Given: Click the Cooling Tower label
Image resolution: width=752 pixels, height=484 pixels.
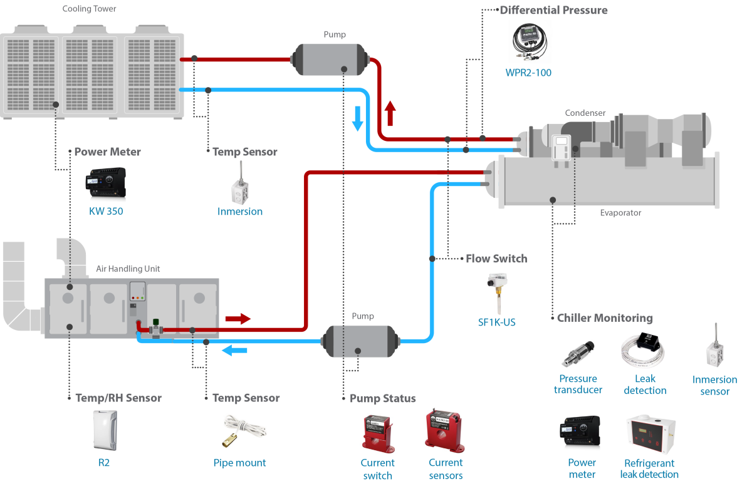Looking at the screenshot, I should tap(90, 9).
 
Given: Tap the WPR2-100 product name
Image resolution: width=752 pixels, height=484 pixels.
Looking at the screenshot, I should tap(528, 73).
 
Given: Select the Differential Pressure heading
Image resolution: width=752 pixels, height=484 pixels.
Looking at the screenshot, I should tap(553, 10).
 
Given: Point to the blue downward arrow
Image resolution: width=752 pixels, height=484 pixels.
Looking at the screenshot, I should tap(358, 118).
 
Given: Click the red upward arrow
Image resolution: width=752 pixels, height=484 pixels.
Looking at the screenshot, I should tap(390, 113).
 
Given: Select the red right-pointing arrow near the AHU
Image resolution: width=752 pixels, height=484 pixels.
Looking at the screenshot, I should tap(238, 319).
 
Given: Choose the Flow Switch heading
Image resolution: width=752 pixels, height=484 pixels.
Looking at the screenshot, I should tap(496, 259).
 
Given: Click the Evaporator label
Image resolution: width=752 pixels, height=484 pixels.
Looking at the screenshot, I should tap(620, 213).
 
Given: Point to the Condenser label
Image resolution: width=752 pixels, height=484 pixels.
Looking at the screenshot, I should tap(585, 113).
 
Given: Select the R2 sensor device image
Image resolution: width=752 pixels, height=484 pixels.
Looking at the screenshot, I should tap(104, 431).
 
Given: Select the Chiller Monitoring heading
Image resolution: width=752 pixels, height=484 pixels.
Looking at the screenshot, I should tap(605, 318).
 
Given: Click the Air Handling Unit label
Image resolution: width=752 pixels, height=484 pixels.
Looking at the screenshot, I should tap(128, 269).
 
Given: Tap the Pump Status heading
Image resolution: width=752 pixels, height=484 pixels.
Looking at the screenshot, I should tap(382, 398).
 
